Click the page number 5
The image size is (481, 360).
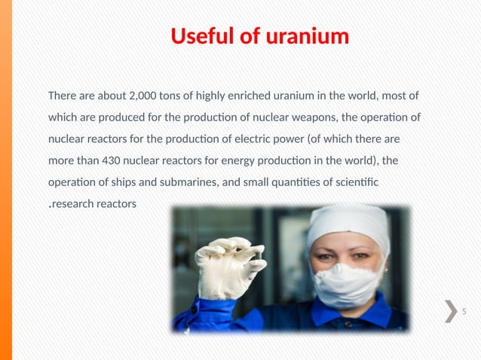[x=464, y=312]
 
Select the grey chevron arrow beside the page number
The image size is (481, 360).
[x=450, y=311]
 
